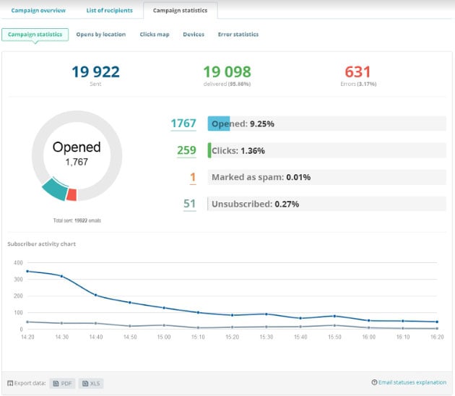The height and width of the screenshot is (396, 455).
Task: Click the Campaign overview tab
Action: pyautogui.click(x=38, y=11)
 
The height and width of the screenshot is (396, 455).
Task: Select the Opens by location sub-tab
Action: pyautogui.click(x=102, y=34)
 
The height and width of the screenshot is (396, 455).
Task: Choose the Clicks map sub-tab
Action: pyautogui.click(x=155, y=34)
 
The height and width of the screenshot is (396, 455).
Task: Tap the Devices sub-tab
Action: pyautogui.click(x=193, y=34)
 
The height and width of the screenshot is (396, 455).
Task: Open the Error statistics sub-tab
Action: pyautogui.click(x=238, y=34)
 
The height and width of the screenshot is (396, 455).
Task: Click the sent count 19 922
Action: pyautogui.click(x=95, y=72)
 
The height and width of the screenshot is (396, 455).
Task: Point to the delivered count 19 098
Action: pyautogui.click(x=227, y=72)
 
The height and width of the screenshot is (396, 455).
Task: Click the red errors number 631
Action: pyautogui.click(x=357, y=72)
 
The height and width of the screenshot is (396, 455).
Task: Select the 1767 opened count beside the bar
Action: pyautogui.click(x=183, y=124)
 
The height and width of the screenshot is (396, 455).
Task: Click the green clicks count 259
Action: pyautogui.click(x=186, y=150)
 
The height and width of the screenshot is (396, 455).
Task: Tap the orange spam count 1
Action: pyautogui.click(x=193, y=177)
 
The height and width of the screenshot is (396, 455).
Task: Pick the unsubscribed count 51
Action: pyautogui.click(x=189, y=204)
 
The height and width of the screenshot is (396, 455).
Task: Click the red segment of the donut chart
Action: pyautogui.click(x=71, y=194)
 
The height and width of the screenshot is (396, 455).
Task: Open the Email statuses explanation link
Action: pyautogui.click(x=412, y=382)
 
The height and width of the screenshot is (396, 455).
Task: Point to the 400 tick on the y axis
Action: pyautogui.click(x=18, y=263)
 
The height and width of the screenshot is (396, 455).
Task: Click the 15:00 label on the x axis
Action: pyautogui.click(x=164, y=337)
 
